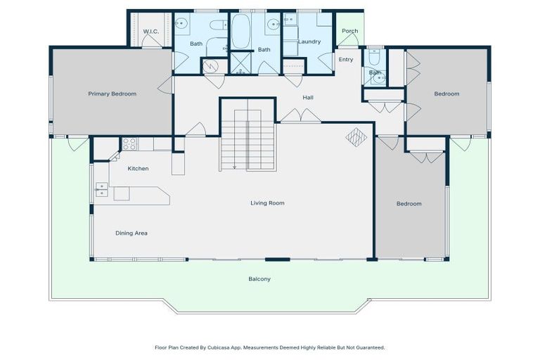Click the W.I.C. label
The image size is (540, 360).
click(150, 32)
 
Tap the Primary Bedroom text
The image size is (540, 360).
click(112, 94)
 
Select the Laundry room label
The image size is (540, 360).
click(309, 41)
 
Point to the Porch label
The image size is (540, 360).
click(349, 31)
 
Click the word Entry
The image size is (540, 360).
click(346, 59)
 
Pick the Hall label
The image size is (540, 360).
click(308, 97)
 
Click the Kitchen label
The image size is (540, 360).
click(138, 169)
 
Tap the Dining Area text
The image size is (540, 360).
click(131, 233)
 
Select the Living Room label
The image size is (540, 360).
click(267, 203)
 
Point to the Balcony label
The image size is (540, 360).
click(259, 279)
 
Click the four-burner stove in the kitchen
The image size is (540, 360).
click(129, 143)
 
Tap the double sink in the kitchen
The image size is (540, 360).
click(101, 188)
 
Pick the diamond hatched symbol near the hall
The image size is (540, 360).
click(356, 136)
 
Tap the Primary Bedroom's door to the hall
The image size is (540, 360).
click(167, 85)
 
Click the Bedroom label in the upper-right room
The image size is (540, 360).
click(446, 94)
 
